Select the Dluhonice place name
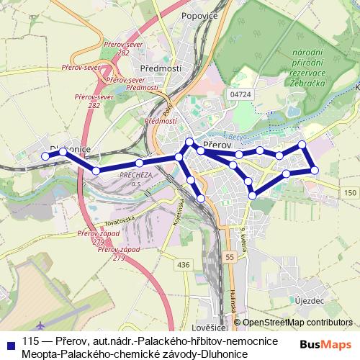tap(69, 149)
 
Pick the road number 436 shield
tap(183, 265)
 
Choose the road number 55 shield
tap(229, 257)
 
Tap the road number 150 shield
tap(350, 193)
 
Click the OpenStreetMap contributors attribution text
tap(297, 323)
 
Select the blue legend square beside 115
tap(9, 343)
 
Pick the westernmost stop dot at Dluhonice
tap(45, 156)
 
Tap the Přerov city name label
tap(216, 145)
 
